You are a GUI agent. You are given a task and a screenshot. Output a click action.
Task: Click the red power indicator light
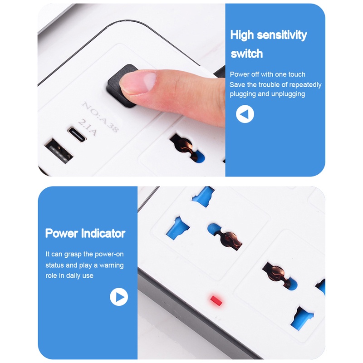216,300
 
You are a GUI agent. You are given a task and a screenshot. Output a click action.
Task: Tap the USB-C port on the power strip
77,134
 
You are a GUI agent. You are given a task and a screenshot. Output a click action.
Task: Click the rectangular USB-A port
59,151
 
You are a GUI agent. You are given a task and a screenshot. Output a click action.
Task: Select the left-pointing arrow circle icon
245,114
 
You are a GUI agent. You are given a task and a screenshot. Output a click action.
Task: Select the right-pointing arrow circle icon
119,297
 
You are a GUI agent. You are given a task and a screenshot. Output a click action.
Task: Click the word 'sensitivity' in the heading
282,35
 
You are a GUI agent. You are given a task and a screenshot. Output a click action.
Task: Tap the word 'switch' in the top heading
247,54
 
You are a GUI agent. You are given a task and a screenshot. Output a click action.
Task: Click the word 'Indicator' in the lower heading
103,233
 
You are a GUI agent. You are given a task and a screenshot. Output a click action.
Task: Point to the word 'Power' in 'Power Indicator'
62,233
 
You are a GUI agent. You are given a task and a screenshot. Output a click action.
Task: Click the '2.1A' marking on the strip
87,128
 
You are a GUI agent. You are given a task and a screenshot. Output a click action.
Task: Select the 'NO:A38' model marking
100,117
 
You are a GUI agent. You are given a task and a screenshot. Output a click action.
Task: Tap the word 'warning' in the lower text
111,265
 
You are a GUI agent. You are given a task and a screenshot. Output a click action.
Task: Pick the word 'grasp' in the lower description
73,255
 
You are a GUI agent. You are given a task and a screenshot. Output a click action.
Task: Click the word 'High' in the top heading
242,35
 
